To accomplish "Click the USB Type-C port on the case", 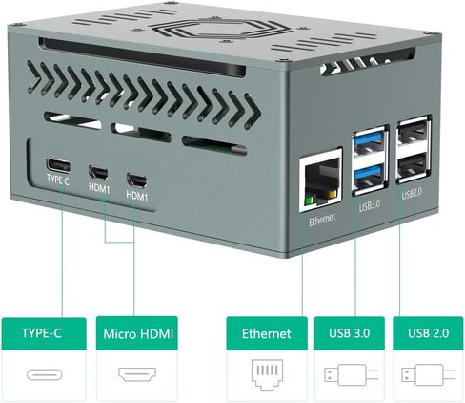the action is coord(58,164).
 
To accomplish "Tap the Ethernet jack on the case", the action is coord(321,180).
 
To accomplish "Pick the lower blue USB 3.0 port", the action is coord(371,177).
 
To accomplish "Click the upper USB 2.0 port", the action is coord(414,133).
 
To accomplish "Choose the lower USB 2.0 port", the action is coord(414,166).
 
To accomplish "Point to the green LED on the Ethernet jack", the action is coord(309,201).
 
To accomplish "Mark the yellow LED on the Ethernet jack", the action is coord(333,195).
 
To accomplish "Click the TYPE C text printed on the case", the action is coord(57,180).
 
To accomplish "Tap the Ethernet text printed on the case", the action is coord(322,220).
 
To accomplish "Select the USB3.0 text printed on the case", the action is coord(370,205).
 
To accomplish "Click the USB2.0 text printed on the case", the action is coord(412,193).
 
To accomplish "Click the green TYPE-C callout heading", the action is coord(44,333).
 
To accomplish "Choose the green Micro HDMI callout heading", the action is coord(137,333).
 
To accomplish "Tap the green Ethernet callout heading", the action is coord(267,333).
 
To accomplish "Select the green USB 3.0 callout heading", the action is coord(350,333).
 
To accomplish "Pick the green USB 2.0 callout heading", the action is coord(428,333).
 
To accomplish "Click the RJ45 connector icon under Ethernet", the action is coord(267,374).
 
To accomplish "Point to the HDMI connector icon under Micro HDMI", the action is coord(137,374).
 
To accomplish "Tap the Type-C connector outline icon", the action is coord(44,374).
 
